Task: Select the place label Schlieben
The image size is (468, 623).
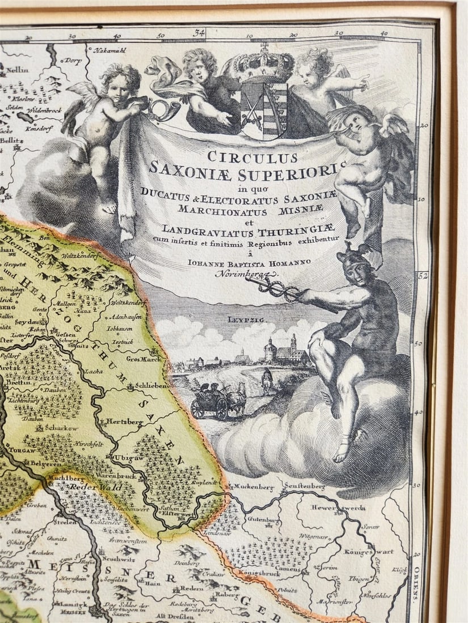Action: [152, 386]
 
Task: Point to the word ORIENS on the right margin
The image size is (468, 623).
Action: [416, 584]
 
